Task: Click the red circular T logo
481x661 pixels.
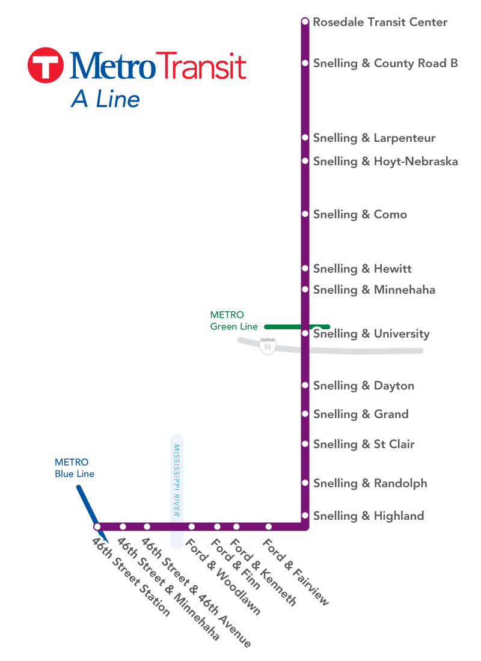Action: (x=46, y=65)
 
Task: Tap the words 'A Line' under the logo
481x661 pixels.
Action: (x=105, y=99)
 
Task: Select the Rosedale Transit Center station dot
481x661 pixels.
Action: (x=305, y=22)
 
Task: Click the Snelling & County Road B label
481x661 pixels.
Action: (x=385, y=64)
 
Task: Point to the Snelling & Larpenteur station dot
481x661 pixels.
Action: (x=305, y=138)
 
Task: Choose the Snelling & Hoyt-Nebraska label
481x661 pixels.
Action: (x=385, y=162)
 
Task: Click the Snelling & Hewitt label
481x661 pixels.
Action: (x=362, y=269)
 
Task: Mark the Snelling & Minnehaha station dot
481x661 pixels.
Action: (x=305, y=290)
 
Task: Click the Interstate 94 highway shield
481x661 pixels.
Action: (x=268, y=347)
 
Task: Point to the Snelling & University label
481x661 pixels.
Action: (x=371, y=334)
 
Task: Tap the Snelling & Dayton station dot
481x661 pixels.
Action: (x=305, y=386)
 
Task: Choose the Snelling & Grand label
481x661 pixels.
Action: (x=361, y=415)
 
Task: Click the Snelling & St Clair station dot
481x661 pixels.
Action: (x=305, y=444)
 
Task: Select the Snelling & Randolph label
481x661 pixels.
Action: (x=370, y=484)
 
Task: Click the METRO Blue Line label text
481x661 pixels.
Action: (x=75, y=468)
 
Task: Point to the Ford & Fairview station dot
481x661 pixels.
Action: (x=269, y=527)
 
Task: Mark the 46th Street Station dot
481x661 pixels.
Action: (x=97, y=527)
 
